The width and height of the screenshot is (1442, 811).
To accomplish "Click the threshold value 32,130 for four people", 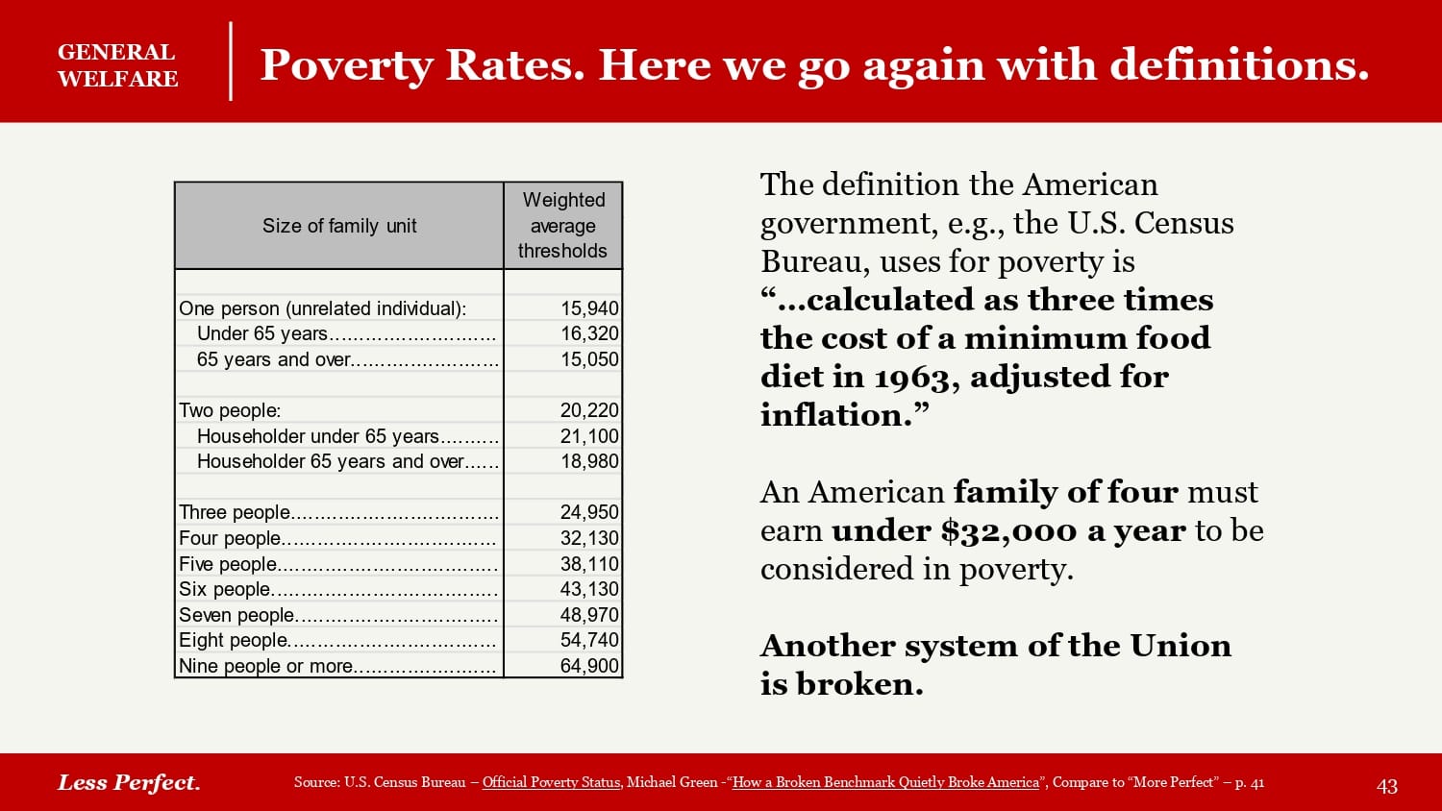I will [589, 538].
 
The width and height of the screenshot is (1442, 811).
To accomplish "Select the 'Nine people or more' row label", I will [266, 666].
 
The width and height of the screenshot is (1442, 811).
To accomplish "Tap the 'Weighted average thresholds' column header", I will [562, 226].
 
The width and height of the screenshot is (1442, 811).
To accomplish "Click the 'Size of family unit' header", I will [339, 226].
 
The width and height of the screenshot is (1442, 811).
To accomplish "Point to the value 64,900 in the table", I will [589, 666].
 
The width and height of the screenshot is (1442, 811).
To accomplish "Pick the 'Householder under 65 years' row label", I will [318, 436].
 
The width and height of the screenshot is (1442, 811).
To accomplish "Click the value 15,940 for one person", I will [589, 308].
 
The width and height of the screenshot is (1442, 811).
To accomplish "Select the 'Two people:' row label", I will [230, 410].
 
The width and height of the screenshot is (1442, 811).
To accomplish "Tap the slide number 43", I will [1386, 786].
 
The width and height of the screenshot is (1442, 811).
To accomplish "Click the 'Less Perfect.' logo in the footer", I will [129, 782].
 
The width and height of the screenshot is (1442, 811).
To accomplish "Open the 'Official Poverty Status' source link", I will [551, 782].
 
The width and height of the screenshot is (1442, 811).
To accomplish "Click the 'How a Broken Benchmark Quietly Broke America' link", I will [885, 782].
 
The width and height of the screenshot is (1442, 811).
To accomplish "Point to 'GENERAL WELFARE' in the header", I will [117, 65].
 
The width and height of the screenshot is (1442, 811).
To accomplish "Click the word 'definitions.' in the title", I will [1239, 65].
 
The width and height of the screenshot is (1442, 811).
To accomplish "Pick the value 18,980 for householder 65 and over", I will [589, 461].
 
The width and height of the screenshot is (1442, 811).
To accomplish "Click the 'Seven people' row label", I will [236, 615].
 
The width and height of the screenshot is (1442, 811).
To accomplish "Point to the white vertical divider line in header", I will [231, 61].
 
